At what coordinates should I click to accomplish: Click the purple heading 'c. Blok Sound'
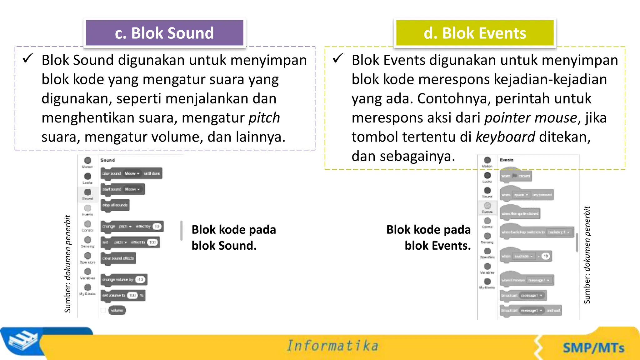pos(164,33)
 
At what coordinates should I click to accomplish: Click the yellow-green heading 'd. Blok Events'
pos(475,33)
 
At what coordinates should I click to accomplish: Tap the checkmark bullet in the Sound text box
pos(28,58)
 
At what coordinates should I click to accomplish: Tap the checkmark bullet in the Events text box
pos(338,58)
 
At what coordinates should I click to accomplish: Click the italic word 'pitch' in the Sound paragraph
pos(264,118)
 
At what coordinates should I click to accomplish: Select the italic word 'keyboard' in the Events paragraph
pos(505,137)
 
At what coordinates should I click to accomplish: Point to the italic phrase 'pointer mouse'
pos(530,118)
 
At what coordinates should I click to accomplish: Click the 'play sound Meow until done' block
pos(131,173)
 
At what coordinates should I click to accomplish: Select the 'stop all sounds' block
pos(115,205)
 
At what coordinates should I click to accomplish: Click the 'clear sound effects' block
pos(118,258)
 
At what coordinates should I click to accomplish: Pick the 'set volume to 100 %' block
pos(123,296)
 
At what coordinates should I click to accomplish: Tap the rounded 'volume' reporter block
pos(117,310)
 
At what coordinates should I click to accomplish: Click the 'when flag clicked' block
pos(516,176)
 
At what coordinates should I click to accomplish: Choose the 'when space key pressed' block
pos(527,195)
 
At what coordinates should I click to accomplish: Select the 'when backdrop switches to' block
pos(537,232)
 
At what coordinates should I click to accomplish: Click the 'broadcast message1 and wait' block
pos(531,311)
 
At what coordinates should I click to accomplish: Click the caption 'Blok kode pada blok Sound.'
pos(233,237)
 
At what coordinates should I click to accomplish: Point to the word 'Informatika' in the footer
pos(332,346)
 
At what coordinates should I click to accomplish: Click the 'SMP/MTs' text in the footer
pos(593,348)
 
